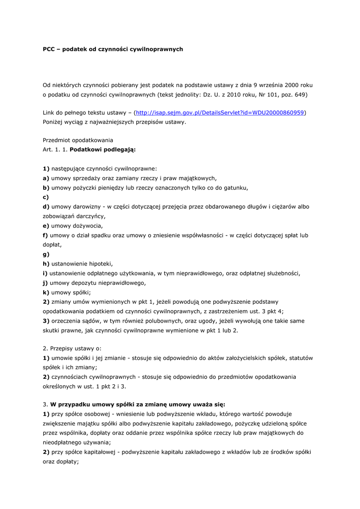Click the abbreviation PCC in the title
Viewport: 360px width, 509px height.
49,49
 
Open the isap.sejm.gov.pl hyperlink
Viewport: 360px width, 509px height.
220,113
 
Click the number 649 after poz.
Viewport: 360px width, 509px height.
300,94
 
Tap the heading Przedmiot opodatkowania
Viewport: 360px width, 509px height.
78,141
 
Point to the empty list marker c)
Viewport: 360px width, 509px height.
46,197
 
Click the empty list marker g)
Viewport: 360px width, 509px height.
46,254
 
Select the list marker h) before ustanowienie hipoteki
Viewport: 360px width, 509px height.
46,263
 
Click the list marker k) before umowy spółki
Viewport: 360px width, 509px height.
46,292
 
